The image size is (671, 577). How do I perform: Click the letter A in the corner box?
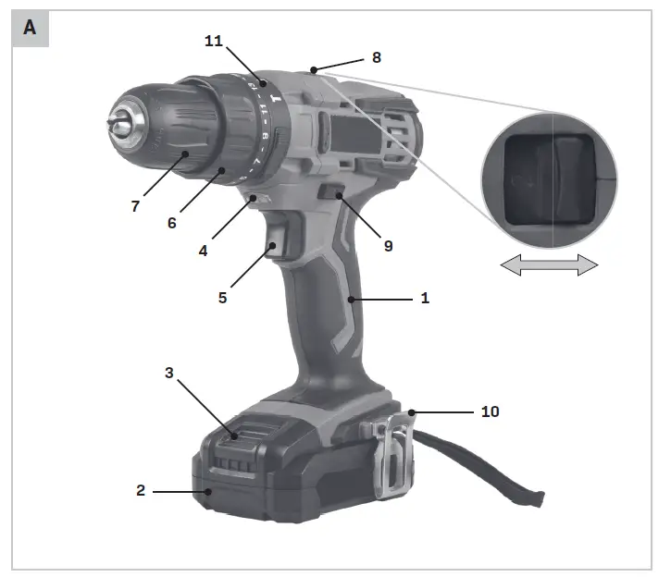pos(30,28)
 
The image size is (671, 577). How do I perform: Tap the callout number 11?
pos(214,41)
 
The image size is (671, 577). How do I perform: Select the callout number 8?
pos(377,57)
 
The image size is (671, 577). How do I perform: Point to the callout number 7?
pos(135,206)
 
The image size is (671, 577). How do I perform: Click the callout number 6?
pos(171,223)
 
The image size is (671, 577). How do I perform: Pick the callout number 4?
pos(203,251)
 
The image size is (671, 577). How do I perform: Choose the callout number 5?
pos(222,298)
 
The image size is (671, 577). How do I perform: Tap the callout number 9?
pos(388,246)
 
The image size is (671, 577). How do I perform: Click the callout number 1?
pos(425,298)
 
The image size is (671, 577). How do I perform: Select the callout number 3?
pos(169,373)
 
